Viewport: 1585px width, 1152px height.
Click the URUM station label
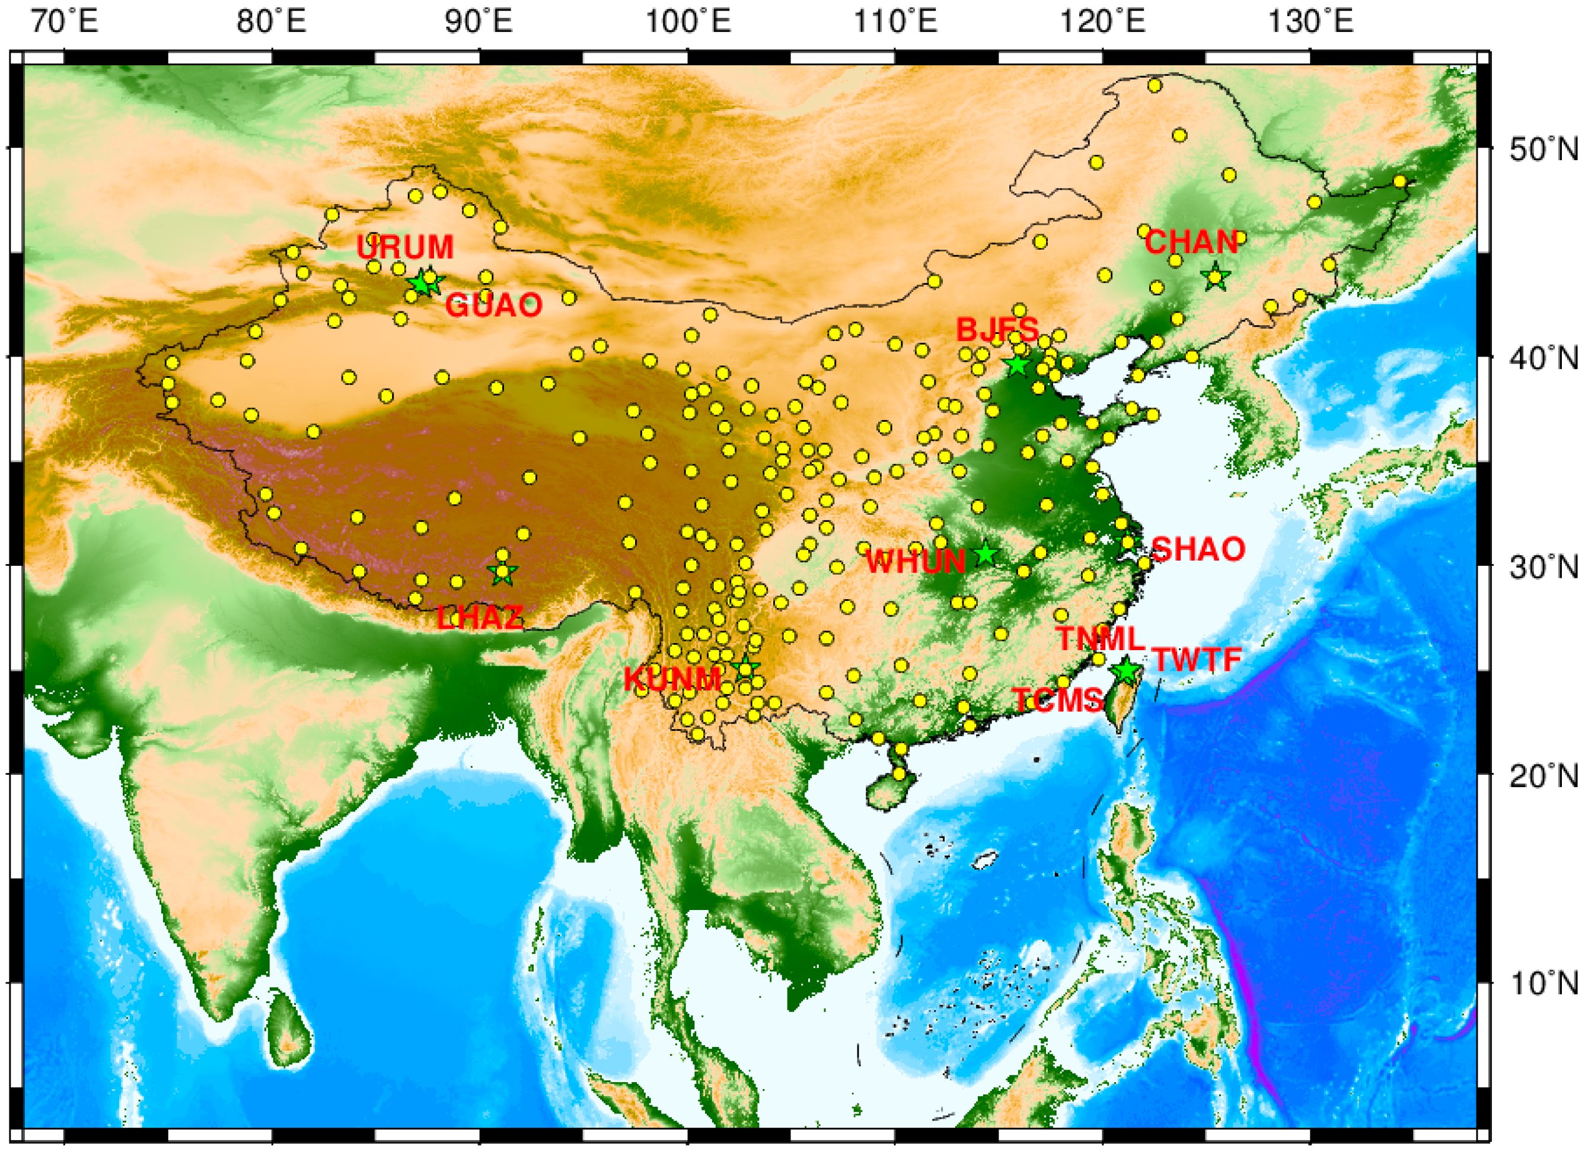tap(404, 247)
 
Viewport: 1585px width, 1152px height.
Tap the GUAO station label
tap(493, 305)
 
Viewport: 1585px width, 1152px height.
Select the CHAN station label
tap(1191, 243)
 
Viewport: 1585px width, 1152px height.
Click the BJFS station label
tap(997, 329)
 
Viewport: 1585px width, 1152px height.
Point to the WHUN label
tap(916, 562)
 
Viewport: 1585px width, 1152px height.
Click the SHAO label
tap(1198, 549)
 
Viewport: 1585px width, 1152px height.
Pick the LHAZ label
tap(480, 618)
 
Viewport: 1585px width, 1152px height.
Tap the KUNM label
tap(672, 679)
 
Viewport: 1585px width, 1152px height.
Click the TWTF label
tap(1197, 660)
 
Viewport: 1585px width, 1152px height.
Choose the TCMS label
tap(1058, 701)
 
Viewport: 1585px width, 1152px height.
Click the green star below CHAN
tap(1216, 277)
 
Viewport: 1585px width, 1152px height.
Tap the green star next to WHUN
tap(986, 553)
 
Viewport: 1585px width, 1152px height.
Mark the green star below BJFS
tap(1017, 364)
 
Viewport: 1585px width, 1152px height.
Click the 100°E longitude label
tap(688, 22)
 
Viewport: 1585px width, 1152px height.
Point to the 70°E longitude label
tap(64, 22)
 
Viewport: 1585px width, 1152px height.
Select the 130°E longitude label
tap(1310, 22)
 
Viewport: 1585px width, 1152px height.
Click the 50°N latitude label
tap(1543, 149)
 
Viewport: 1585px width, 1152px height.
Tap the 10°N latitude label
tap(1543, 984)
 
